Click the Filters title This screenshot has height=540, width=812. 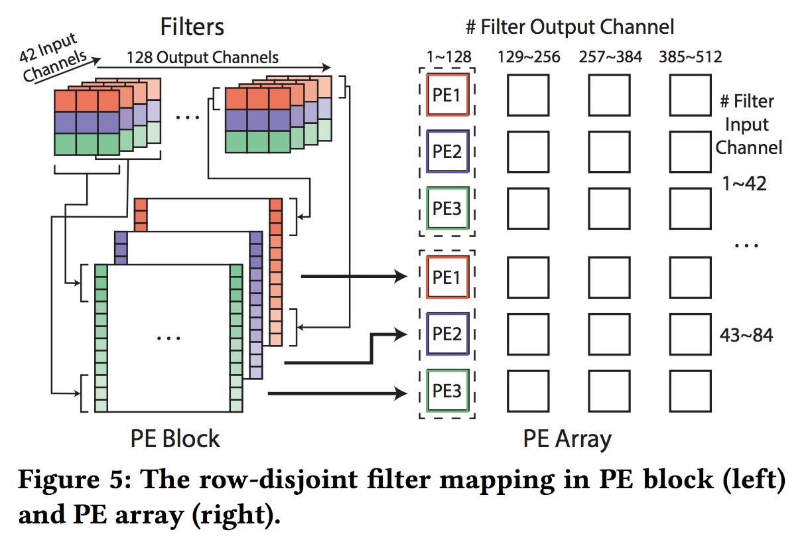tap(192, 27)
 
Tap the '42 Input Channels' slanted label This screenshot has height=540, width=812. tap(54, 58)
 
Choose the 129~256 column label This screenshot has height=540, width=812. tap(529, 57)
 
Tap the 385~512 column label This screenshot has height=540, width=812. tap(690, 57)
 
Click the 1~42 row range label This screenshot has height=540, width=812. tap(744, 183)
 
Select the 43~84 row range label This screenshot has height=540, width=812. tap(746, 335)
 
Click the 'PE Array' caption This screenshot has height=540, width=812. tap(567, 439)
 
